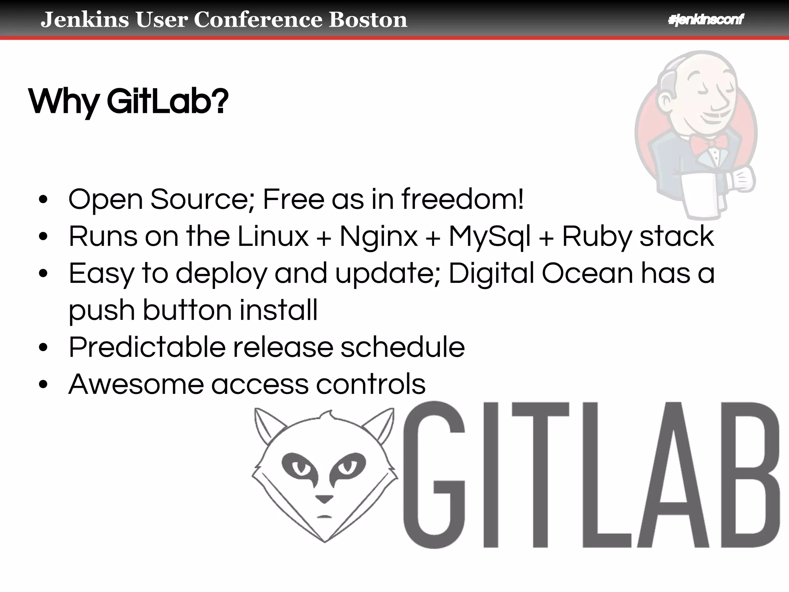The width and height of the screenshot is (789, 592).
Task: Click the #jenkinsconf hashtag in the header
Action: [706, 19]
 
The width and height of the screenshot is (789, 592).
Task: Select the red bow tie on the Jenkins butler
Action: [709, 143]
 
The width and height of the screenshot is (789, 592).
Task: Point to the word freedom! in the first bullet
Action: [462, 199]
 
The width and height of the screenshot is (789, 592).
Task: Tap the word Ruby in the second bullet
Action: [596, 237]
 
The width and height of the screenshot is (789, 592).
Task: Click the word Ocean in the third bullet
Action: [587, 273]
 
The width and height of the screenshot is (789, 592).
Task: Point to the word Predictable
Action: [147, 347]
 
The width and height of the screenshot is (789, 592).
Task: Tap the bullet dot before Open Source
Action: [43, 200]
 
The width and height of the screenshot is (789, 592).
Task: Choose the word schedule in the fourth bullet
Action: [403, 347]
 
